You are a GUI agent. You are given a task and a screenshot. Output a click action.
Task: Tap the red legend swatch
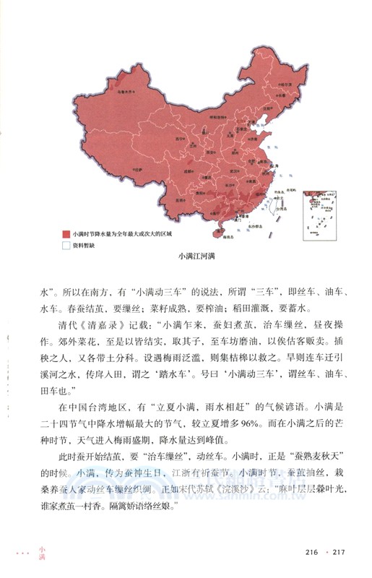click(65, 233)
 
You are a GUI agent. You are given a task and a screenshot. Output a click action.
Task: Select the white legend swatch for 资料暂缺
click(65, 244)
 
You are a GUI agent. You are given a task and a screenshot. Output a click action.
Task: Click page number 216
click(311, 553)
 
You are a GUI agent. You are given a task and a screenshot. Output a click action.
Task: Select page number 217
click(340, 553)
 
